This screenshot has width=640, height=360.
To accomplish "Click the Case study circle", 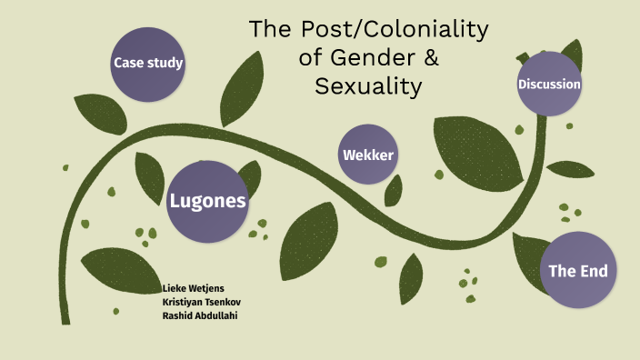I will (148, 64).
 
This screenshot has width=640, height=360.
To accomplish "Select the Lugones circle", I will (207, 202).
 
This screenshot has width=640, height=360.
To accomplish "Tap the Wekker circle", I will (367, 155).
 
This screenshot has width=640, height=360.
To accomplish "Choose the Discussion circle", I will (549, 85).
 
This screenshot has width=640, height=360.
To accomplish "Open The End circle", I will (577, 270).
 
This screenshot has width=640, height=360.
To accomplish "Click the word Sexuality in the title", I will (369, 86).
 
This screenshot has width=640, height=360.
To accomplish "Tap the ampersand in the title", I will (429, 58).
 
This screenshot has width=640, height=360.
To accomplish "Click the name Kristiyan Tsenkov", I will (201, 301).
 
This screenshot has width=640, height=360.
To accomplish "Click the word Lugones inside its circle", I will (207, 202).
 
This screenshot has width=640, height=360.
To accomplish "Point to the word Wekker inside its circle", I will (367, 155).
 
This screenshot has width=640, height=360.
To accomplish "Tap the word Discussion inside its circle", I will (549, 85).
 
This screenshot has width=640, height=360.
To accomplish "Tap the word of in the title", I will (312, 58).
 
